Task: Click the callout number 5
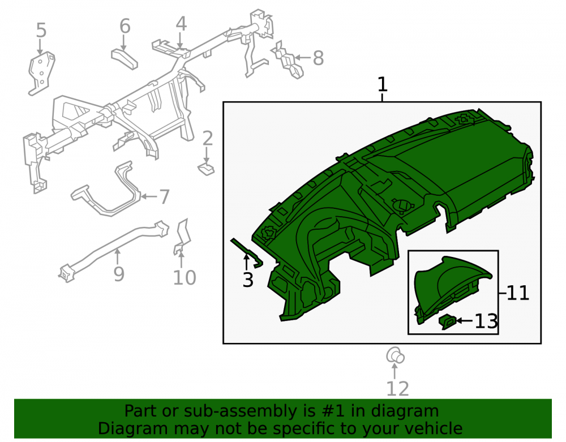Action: (41, 31)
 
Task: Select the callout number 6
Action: (125, 27)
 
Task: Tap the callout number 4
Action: (181, 24)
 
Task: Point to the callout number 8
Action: (318, 58)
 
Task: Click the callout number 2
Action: (208, 139)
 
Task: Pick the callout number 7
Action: (164, 197)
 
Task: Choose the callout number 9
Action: (119, 274)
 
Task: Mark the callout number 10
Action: (185, 277)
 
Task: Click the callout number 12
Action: (398, 389)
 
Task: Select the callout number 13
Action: (486, 321)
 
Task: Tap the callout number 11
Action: (518, 293)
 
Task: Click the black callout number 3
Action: (248, 280)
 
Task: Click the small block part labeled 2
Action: (206, 169)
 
